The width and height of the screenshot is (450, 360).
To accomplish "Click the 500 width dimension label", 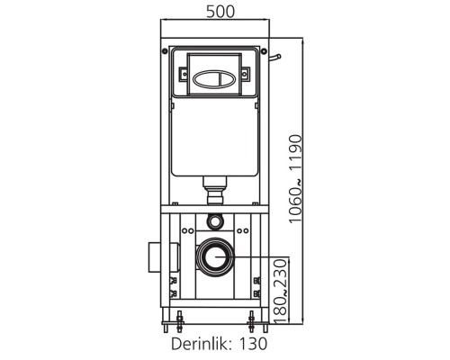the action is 220,12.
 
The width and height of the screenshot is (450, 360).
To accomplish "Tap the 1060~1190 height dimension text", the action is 295,179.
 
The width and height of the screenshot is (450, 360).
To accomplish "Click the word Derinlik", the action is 201,344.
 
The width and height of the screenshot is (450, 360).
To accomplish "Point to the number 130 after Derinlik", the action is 253,344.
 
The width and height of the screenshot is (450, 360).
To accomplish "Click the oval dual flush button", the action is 215,80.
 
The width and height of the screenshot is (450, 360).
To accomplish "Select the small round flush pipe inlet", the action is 215,221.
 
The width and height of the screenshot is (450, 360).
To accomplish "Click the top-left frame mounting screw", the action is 165,51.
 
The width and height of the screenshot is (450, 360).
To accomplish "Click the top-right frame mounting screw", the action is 264,51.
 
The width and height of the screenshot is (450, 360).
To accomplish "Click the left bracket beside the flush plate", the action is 184,74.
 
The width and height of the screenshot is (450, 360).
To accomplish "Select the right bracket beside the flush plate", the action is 246,74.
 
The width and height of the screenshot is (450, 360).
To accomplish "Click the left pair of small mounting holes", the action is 187,230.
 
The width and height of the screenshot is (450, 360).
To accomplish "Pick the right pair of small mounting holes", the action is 243,230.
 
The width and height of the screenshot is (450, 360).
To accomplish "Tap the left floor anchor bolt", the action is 179,321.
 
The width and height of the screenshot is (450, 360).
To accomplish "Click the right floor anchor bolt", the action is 251,321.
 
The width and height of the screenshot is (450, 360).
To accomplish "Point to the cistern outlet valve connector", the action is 215,190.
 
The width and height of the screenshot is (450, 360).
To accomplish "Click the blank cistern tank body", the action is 215,137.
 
